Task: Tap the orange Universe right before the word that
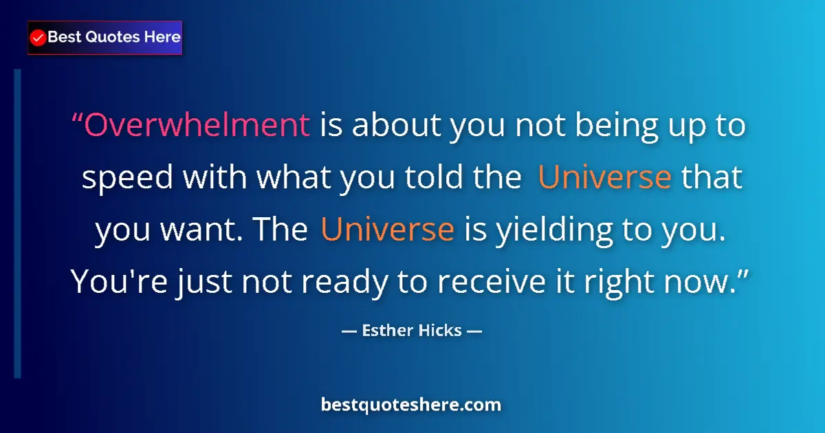click(604, 177)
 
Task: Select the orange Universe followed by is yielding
click(387, 229)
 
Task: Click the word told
click(428, 177)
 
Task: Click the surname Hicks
click(439, 331)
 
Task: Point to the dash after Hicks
click(474, 331)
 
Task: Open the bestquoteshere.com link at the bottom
click(411, 405)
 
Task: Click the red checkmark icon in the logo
click(38, 38)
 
